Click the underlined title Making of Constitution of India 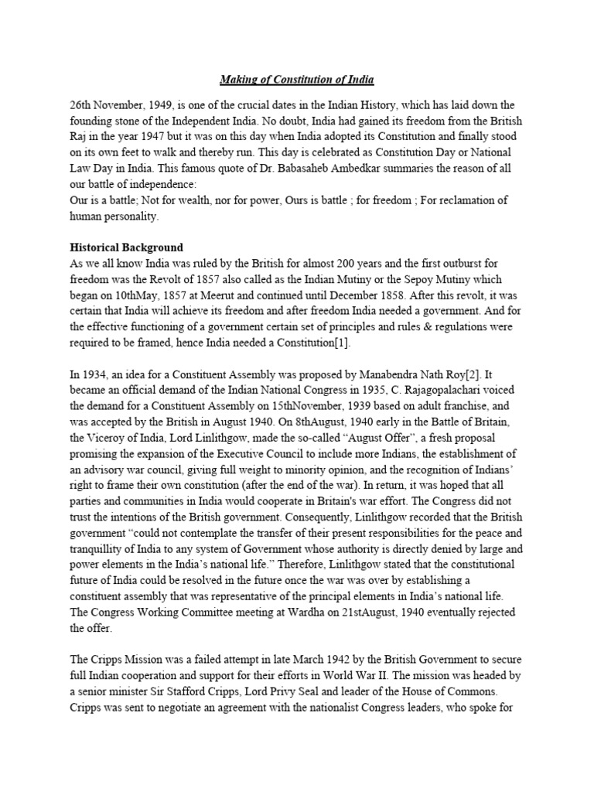pos(297,80)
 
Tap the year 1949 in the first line pos(176,104)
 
